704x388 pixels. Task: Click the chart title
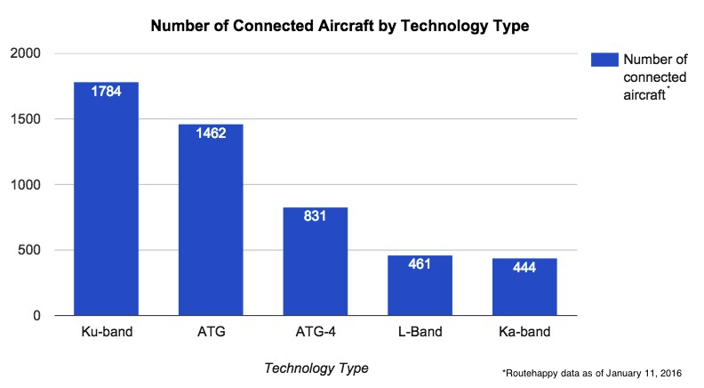click(x=340, y=26)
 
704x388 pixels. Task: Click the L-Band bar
click(x=420, y=285)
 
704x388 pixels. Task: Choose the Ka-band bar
click(x=524, y=287)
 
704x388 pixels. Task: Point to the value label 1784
click(x=106, y=91)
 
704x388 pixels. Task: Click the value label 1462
click(x=211, y=133)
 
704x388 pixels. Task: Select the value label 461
click(x=420, y=263)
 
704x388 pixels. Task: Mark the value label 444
click(x=524, y=267)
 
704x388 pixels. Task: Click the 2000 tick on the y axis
click(x=27, y=53)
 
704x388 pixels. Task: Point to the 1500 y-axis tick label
click(x=27, y=119)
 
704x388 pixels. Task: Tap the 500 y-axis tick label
click(x=30, y=250)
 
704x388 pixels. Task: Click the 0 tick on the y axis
click(x=37, y=316)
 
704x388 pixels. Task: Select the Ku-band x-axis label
click(x=106, y=334)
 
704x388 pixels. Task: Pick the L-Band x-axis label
click(x=420, y=334)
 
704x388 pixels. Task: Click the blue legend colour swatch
click(x=604, y=60)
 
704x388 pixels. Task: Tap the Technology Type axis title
click(x=316, y=368)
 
